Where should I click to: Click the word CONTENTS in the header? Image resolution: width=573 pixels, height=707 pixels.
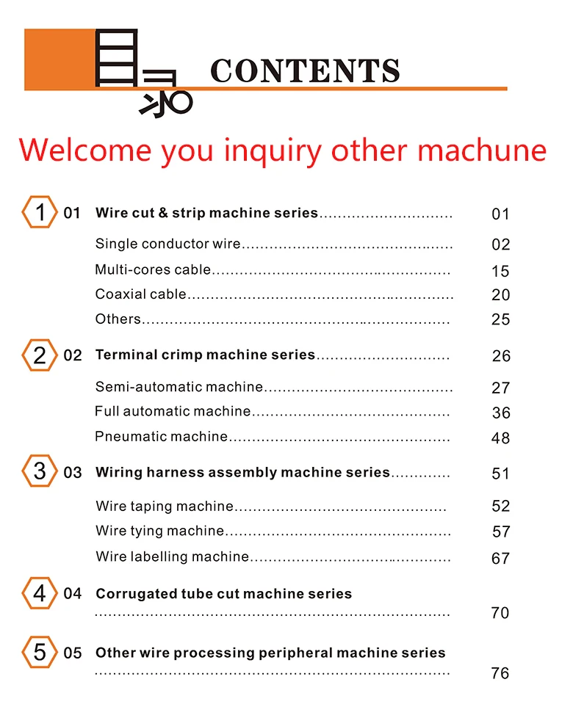[305, 71]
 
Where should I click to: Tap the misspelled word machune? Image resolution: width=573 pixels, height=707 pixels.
[483, 151]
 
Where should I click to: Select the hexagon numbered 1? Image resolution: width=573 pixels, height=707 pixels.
[40, 213]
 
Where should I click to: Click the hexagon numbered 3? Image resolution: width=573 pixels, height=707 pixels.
[40, 471]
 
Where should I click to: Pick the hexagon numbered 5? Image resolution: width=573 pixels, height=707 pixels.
[40, 652]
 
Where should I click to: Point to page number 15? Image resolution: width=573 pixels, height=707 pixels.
[500, 272]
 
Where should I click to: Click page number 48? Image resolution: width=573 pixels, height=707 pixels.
[500, 438]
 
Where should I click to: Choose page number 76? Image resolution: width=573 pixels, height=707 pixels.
[500, 673]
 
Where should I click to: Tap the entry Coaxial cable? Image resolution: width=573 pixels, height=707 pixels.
[141, 294]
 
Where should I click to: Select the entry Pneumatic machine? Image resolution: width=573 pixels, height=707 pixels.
[162, 437]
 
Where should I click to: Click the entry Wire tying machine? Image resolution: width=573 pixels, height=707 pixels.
[159, 531]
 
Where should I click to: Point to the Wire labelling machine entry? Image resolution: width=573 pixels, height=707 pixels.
[173, 556]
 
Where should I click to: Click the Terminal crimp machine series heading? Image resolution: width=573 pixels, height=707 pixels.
[205, 355]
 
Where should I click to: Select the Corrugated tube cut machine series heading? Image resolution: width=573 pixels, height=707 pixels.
[223, 594]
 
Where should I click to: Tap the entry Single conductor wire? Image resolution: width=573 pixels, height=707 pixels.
[168, 244]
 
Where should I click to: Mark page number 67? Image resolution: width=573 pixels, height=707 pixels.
[500, 559]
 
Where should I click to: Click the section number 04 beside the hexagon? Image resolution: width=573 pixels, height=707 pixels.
[73, 593]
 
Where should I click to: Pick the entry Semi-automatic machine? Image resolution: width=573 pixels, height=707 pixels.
[179, 387]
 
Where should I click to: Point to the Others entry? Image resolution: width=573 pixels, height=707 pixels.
[118, 319]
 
